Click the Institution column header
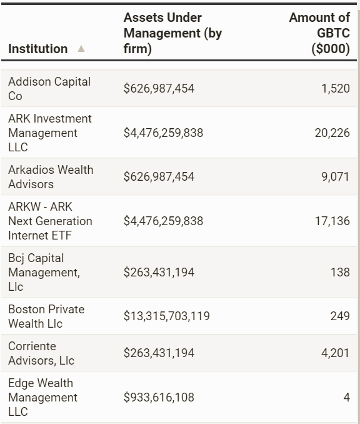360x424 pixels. [x=38, y=49]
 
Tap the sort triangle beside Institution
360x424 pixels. [x=81, y=49]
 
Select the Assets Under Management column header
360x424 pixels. [x=172, y=33]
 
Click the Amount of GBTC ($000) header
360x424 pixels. [x=320, y=33]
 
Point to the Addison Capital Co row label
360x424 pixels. [x=49, y=89]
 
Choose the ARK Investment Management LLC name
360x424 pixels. [x=50, y=133]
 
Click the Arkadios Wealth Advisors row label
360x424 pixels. [x=51, y=177]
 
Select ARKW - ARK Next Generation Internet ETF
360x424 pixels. [x=50, y=221]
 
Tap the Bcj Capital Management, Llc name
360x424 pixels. [x=44, y=272]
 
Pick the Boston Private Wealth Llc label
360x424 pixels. [x=46, y=316]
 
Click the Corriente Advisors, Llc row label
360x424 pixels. [x=41, y=353]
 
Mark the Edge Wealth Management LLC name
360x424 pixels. [x=42, y=397]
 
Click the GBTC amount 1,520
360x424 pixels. [x=336, y=88]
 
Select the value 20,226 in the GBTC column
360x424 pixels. [x=332, y=133]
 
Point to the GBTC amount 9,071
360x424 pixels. [x=336, y=176]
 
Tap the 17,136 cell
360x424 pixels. [x=332, y=221]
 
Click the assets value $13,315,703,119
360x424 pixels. [x=166, y=316]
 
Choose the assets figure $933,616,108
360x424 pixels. [x=159, y=397]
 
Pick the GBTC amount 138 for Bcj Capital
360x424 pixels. [x=341, y=272]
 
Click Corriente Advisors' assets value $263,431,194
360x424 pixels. [x=159, y=353]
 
